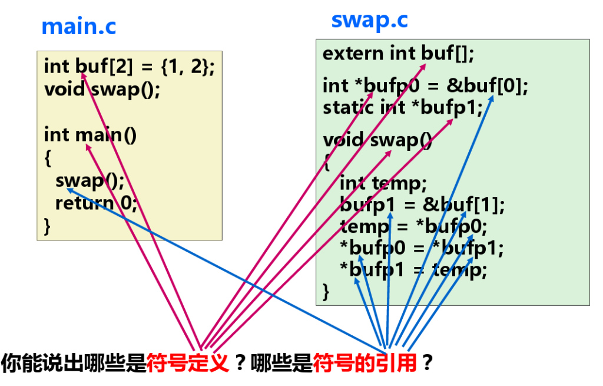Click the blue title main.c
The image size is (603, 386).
pyautogui.click(x=78, y=27)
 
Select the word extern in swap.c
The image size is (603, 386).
pyautogui.click(x=353, y=53)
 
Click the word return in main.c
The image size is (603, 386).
pyautogui.click(x=85, y=203)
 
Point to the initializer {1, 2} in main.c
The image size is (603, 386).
pyautogui.click(x=185, y=66)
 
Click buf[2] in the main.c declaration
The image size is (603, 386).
pyautogui.click(x=104, y=66)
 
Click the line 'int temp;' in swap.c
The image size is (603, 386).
pyautogui.click(x=383, y=183)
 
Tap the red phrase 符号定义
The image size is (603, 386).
pyautogui.click(x=188, y=362)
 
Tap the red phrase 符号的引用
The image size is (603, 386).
pyautogui.click(x=365, y=362)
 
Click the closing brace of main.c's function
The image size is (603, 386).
pyautogui.click(x=47, y=226)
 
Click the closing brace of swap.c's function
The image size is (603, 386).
pyautogui.click(x=326, y=292)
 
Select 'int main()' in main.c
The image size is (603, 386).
pyautogui.click(x=90, y=135)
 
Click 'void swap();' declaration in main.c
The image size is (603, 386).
pyautogui.click(x=102, y=90)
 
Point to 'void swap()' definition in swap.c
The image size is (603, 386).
pyautogui.click(x=377, y=140)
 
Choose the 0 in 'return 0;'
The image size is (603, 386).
pyautogui.click(x=126, y=203)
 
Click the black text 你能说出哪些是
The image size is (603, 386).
pyautogui.click(x=73, y=362)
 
